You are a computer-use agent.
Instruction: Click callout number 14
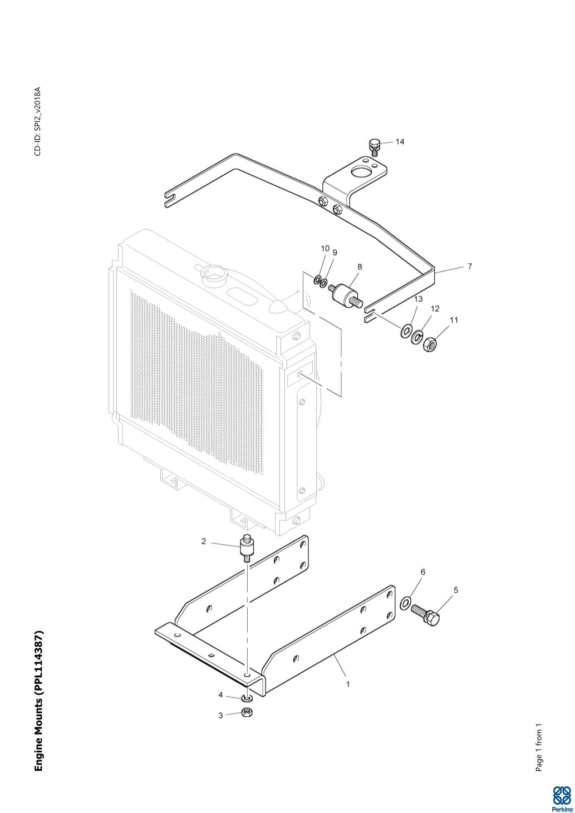[400, 141]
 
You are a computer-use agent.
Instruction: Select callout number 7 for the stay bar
[470, 267]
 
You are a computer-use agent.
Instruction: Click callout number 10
[325, 248]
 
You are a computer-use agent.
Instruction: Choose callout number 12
[435, 308]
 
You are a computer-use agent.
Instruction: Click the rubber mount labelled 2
[245, 550]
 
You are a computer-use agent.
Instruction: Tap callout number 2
[204, 541]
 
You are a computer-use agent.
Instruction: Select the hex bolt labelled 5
[426, 614]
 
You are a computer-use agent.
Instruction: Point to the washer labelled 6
[406, 602]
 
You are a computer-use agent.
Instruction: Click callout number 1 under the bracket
[348, 684]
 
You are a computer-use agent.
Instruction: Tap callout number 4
[220, 695]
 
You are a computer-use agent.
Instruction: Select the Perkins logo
[561, 798]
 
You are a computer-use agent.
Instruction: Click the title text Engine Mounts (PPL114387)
[38, 701]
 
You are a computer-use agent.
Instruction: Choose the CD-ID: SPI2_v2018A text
[37, 122]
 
